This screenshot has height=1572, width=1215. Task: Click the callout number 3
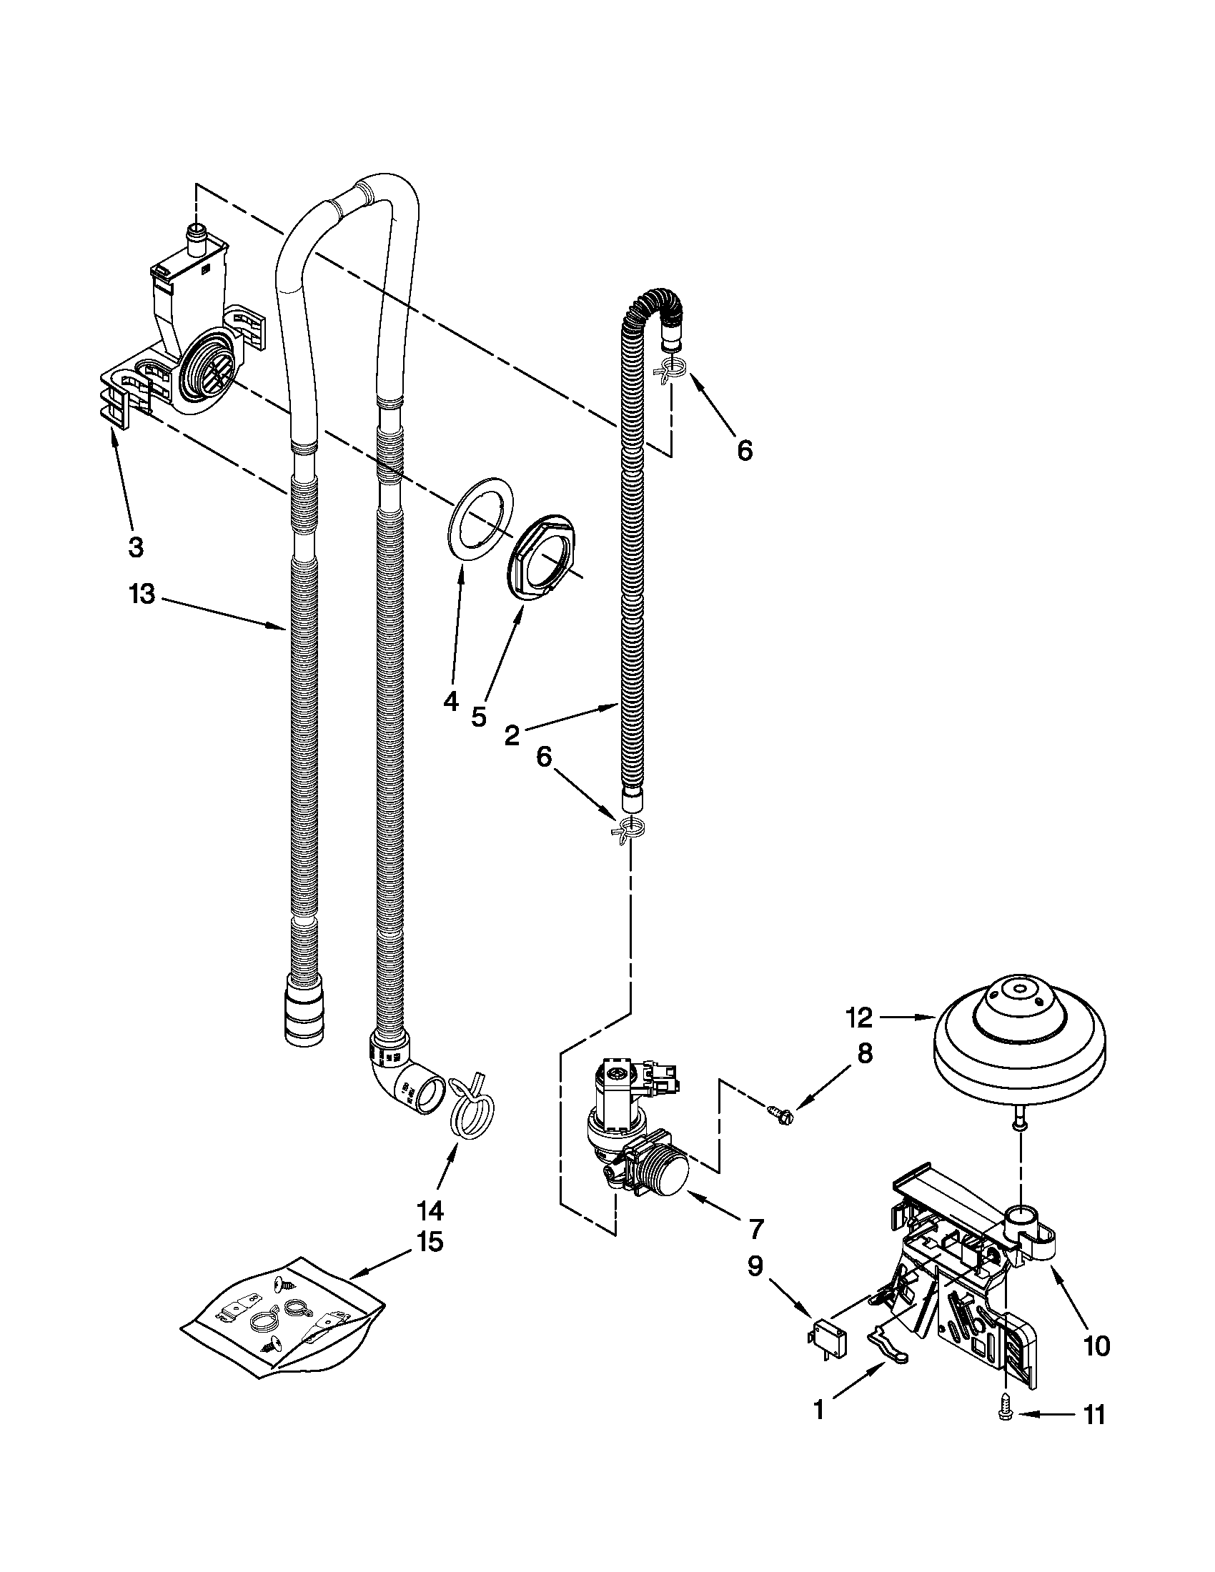(x=135, y=547)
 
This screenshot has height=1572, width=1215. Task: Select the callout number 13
(x=142, y=595)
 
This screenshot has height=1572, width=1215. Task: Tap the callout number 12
(x=859, y=1017)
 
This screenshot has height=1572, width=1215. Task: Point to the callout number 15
(x=430, y=1243)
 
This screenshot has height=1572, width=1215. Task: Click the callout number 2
(x=512, y=735)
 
